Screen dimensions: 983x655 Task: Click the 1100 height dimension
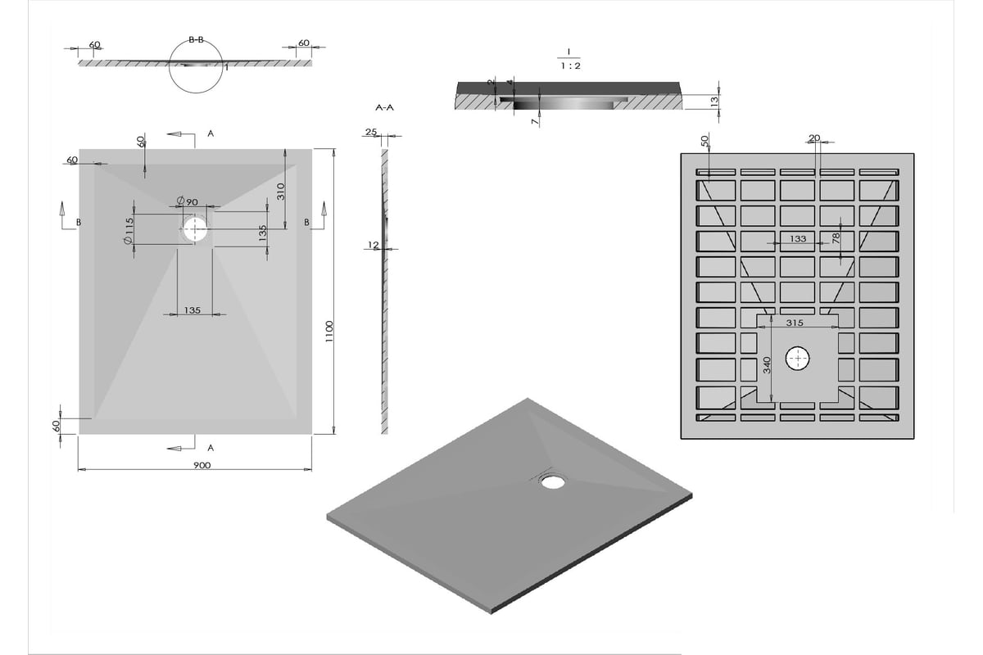[329, 332]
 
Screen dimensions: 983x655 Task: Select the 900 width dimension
[202, 465]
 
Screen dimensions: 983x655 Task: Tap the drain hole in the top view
[195, 229]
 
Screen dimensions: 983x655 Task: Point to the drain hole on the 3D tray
[553, 481]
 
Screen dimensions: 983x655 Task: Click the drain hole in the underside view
[797, 359]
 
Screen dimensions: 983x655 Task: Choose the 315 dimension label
[795, 323]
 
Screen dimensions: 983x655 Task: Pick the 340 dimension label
[767, 365]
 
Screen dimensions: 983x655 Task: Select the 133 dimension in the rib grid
[798, 238]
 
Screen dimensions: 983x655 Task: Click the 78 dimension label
[836, 238]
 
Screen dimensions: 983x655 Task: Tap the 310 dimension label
[281, 192]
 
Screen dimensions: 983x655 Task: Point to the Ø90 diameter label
[188, 201]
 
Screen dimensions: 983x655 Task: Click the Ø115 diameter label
[128, 231]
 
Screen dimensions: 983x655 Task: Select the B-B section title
[196, 40]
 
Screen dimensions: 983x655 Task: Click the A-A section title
[385, 107]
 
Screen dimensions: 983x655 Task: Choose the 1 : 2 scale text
[570, 65]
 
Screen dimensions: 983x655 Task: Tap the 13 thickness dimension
[714, 102]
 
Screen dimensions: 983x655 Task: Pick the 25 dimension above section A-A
[371, 132]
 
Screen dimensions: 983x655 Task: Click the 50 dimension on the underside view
[704, 141]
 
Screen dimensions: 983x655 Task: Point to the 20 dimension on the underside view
[814, 138]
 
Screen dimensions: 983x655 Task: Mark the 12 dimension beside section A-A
[373, 245]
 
